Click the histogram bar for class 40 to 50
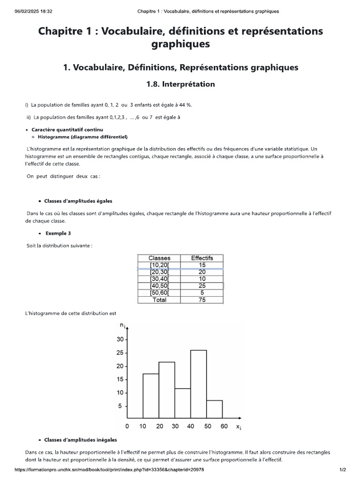pos(198,384)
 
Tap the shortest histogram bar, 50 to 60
pos(214,409)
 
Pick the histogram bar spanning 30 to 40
pos(182,403)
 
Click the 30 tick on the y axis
pos(120,339)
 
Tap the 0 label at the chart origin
pos(127,426)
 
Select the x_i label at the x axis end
pos(238,427)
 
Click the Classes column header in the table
pos(159,258)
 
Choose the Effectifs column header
pos(202,258)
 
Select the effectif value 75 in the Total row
pos(202,300)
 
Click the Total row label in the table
pos(159,300)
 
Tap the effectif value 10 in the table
pos(202,279)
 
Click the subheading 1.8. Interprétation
pos(180,84)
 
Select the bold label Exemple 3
pos(58,233)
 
